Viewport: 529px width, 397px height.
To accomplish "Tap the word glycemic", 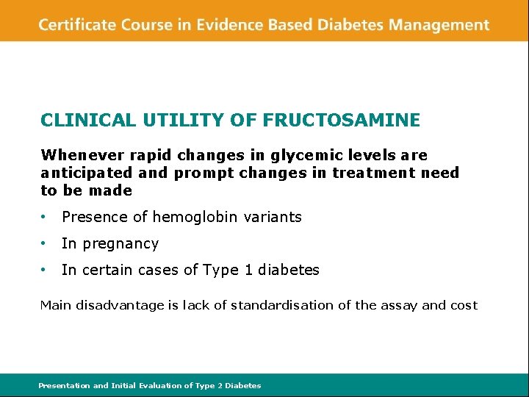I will pos(299,155).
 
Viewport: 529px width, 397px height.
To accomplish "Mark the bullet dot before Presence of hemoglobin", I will pos(46,218).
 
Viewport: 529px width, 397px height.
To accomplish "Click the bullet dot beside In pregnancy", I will pos(46,244).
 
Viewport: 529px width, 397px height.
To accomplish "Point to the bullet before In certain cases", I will pos(46,271).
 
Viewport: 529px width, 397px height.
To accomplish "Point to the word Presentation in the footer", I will pos(63,385).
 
